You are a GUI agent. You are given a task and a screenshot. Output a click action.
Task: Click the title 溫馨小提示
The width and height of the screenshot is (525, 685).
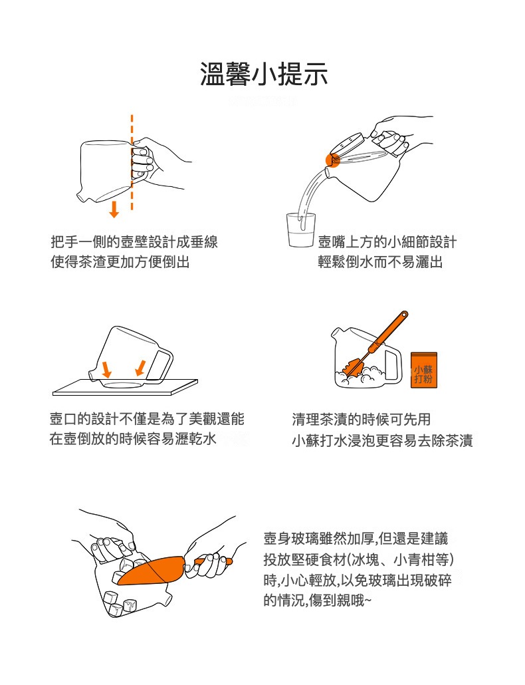click(264, 74)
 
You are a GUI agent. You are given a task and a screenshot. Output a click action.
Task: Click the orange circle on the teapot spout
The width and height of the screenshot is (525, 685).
click(332, 159)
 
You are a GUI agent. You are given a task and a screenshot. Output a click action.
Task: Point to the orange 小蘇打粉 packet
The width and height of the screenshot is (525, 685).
click(424, 370)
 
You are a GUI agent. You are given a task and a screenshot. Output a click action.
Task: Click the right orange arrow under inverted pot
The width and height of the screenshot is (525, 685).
click(140, 366)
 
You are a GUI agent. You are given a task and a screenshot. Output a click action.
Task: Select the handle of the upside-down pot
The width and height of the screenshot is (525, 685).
click(162, 364)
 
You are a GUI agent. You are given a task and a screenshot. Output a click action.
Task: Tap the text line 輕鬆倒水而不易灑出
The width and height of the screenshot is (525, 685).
click(380, 262)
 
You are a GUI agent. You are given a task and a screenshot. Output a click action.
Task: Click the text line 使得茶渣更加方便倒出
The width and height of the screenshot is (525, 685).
click(120, 262)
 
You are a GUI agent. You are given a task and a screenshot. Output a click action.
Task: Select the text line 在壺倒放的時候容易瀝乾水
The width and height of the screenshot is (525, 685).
click(134, 440)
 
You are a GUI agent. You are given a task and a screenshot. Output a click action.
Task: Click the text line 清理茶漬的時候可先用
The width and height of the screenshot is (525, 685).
click(362, 420)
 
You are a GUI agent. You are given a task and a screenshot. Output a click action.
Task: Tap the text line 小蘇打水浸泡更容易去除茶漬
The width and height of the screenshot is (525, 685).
click(382, 440)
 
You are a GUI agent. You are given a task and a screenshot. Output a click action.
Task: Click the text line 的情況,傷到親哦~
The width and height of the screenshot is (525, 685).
click(318, 599)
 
